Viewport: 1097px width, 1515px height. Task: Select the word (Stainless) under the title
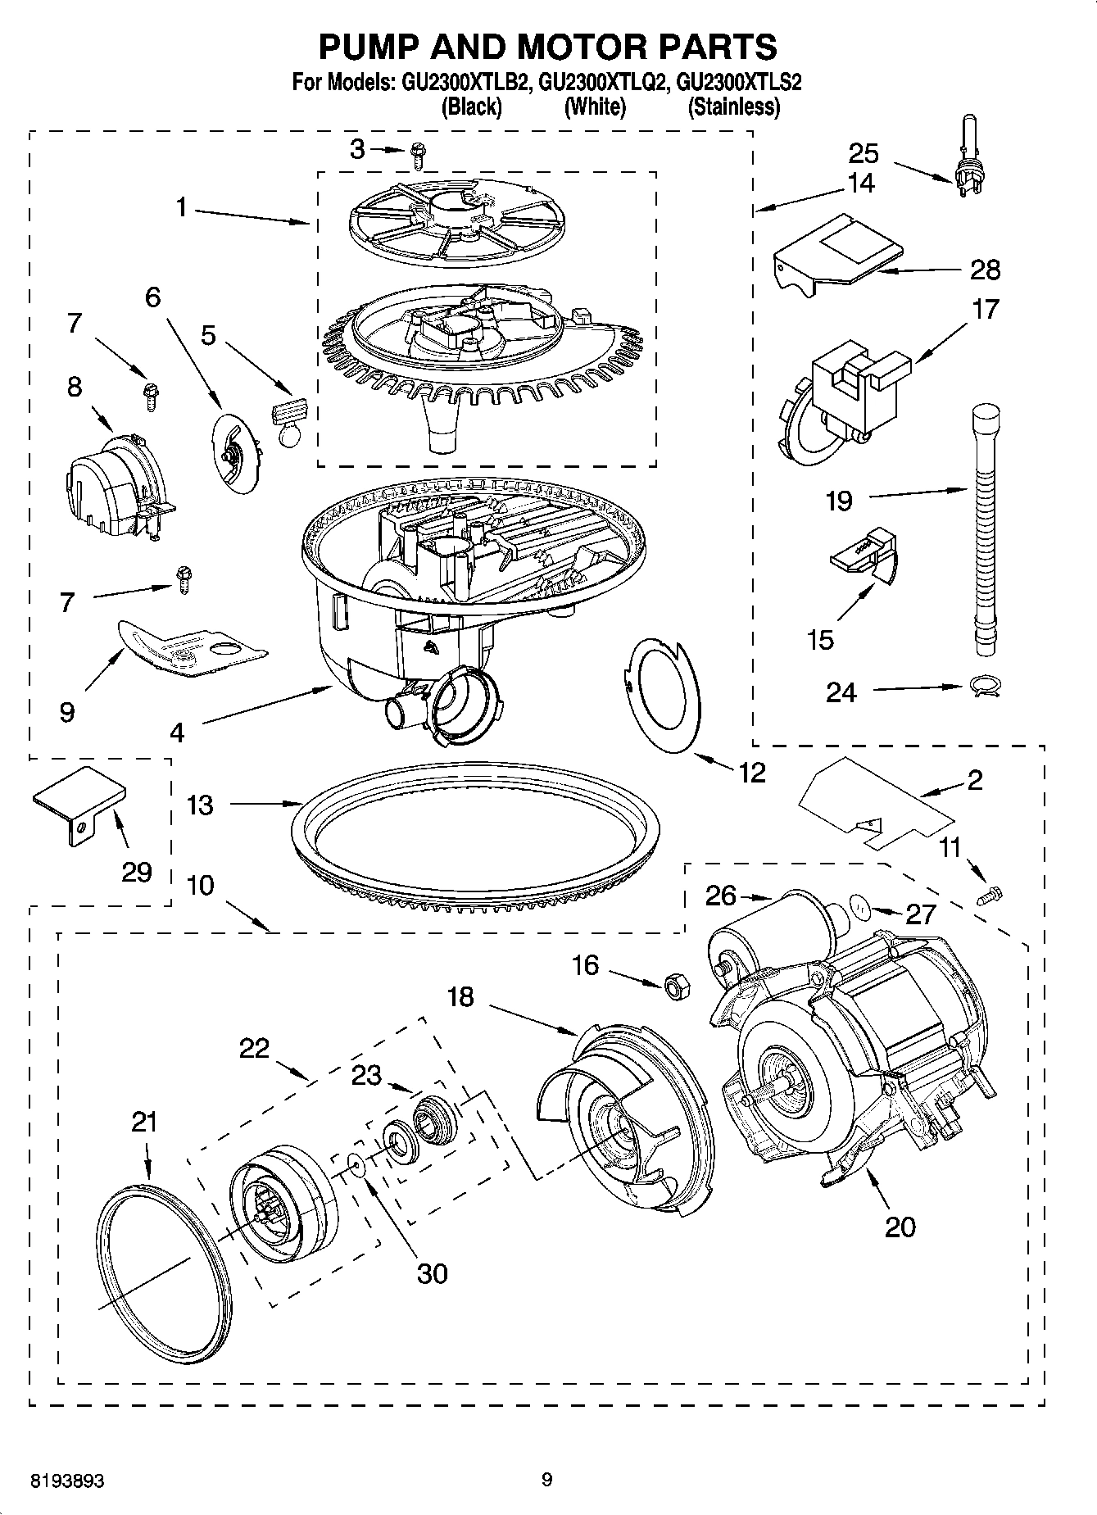click(x=733, y=107)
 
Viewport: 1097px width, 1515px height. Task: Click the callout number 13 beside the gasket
click(x=199, y=805)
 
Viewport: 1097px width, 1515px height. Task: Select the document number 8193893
click(x=67, y=1481)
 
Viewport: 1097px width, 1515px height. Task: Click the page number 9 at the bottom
click(x=547, y=1480)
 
